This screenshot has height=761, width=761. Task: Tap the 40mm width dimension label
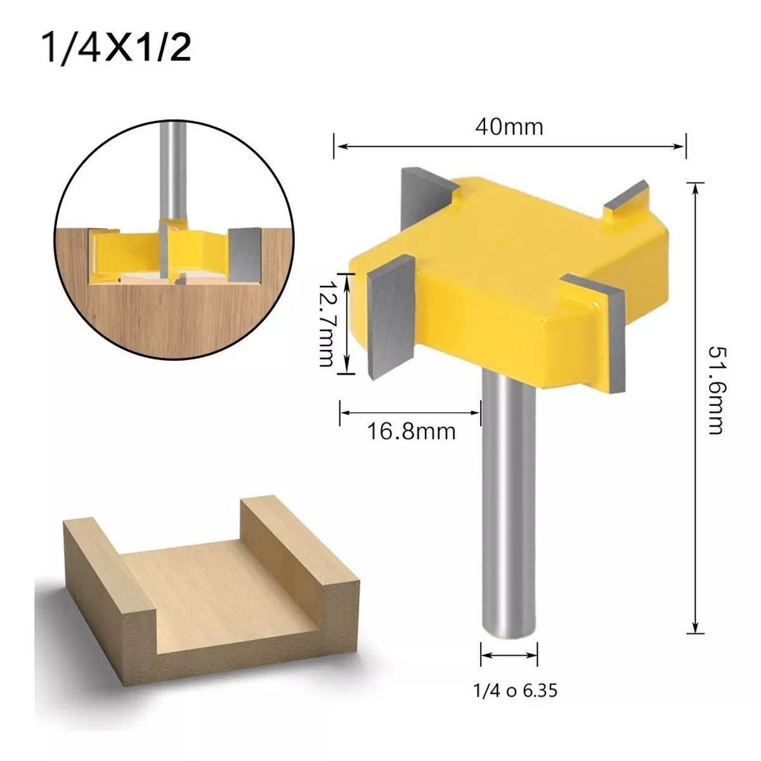509,127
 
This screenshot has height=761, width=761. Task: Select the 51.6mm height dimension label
715,389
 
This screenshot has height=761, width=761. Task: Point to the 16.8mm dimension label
411,432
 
